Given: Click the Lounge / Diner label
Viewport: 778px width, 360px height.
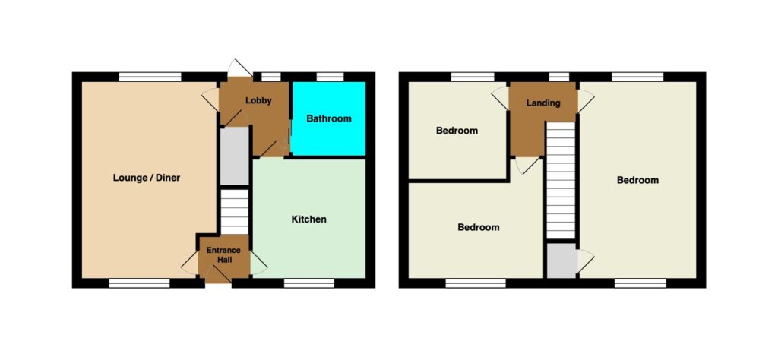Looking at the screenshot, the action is (147, 178).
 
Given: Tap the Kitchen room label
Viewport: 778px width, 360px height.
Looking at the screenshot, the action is (308, 219).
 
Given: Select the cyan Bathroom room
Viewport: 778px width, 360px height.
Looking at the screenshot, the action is (328, 118).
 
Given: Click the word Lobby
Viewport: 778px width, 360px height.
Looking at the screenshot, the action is (258, 101).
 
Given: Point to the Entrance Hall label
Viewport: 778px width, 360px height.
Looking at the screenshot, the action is (223, 254).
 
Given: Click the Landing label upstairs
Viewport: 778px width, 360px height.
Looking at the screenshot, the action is (543, 103).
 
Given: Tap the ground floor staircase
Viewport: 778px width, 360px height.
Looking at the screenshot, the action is (234, 211).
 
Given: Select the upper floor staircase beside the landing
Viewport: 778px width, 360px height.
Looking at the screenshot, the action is (561, 181).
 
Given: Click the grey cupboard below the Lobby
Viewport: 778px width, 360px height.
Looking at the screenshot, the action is (234, 156).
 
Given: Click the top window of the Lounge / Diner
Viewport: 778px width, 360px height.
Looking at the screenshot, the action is (150, 77).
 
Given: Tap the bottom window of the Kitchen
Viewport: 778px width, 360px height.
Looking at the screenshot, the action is (309, 283).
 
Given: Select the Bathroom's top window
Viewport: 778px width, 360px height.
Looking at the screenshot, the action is (330, 77).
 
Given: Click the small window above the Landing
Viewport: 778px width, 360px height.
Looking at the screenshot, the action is (559, 77).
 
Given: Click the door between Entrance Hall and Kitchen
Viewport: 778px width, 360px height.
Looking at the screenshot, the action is (259, 263).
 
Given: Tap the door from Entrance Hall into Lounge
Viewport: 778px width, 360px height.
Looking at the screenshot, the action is (190, 263).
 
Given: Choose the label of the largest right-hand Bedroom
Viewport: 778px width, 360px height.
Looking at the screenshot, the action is (637, 180).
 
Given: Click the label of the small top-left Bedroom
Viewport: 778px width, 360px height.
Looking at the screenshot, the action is (457, 131).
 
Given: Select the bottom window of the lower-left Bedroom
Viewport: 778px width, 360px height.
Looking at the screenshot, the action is (476, 283).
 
